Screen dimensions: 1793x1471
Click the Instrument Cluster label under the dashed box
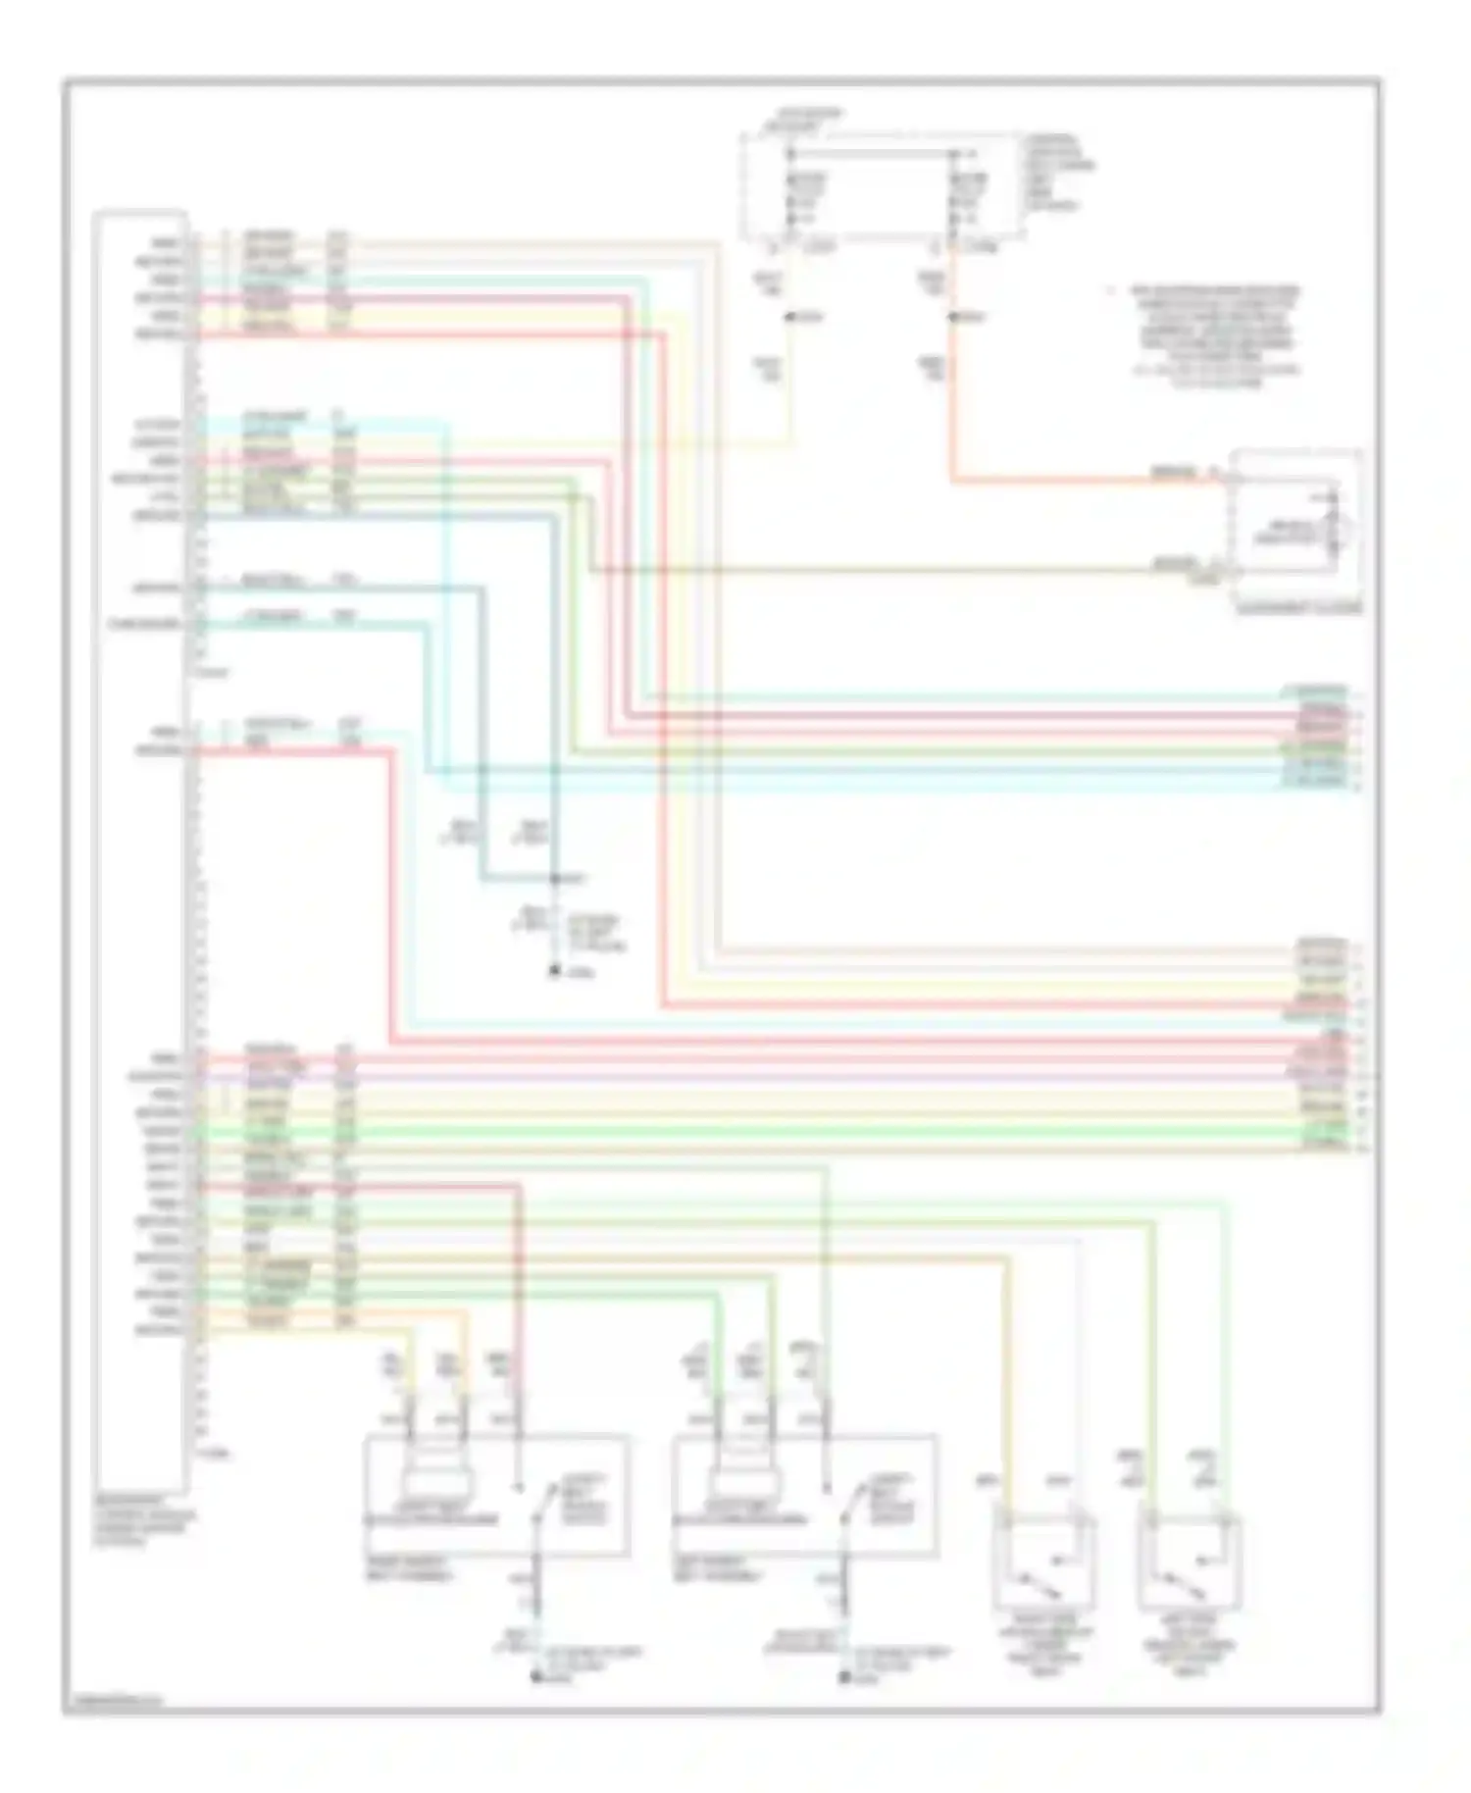[1299, 608]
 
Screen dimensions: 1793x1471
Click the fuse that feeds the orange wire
[951, 197]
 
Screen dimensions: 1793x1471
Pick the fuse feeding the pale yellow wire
[790, 197]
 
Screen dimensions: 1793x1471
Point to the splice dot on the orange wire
[951, 318]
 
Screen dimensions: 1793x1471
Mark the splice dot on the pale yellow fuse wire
[790, 318]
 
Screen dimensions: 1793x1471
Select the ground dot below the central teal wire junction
[554, 972]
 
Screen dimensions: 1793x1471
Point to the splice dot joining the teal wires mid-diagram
[554, 879]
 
